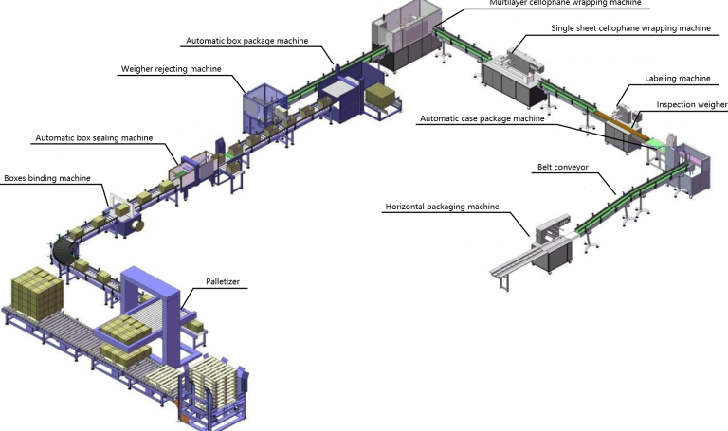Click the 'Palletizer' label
223,281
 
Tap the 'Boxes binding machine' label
47,178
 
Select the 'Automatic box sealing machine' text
94,137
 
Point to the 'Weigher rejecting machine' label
172,69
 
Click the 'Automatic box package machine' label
247,41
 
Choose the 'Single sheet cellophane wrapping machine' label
631,28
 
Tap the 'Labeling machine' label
678,79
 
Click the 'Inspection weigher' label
692,105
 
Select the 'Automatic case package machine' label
482,118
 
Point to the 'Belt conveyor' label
563,167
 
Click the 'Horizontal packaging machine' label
443,207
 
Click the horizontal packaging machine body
554,243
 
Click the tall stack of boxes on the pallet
37,293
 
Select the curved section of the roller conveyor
63,249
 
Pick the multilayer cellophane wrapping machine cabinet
408,35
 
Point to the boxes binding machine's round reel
136,226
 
